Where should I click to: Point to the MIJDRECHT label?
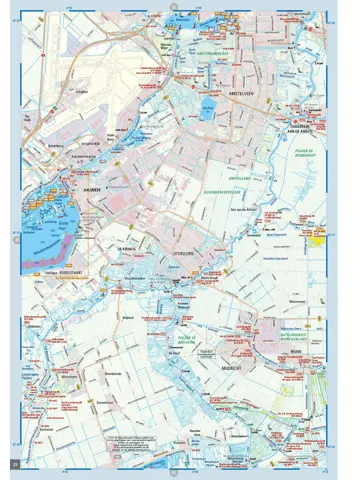coord(249,351)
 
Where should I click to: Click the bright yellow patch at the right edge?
coord(319,237)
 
